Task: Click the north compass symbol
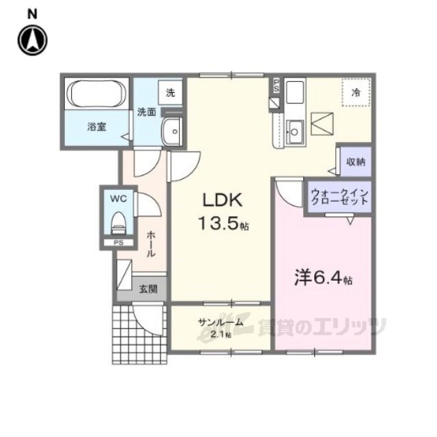pyautogui.click(x=33, y=40)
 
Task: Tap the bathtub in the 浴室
pyautogui.click(x=97, y=94)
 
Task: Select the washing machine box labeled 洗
pyautogui.click(x=170, y=93)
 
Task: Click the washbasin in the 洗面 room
pyautogui.click(x=172, y=132)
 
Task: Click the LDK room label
pyautogui.click(x=222, y=200)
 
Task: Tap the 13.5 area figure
pyautogui.click(x=218, y=223)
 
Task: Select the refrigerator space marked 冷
pyautogui.click(x=356, y=92)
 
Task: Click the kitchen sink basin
pyautogui.click(x=294, y=132)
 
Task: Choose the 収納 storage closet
pyautogui.click(x=356, y=161)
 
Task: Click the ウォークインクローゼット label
pyautogui.click(x=340, y=197)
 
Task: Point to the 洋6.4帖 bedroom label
pyautogui.click(x=323, y=278)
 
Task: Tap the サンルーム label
pyautogui.click(x=221, y=322)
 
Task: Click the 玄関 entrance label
pyautogui.click(x=148, y=289)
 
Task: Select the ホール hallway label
pyautogui.click(x=151, y=244)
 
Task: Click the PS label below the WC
pyautogui.click(x=118, y=243)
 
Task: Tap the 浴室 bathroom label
pyautogui.click(x=96, y=127)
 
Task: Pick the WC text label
pyautogui.click(x=118, y=199)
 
